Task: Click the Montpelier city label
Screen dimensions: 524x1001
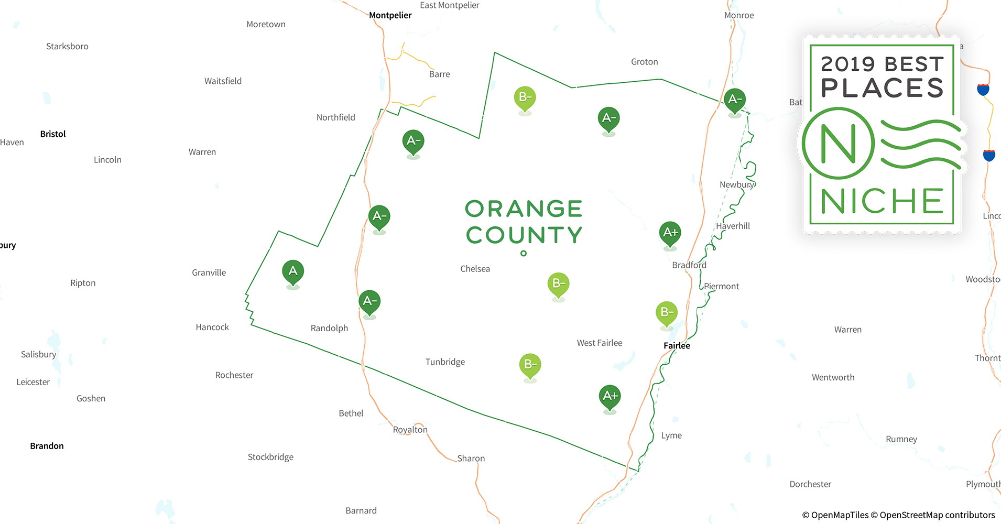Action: (390, 15)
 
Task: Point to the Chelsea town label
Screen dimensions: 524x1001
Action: (475, 269)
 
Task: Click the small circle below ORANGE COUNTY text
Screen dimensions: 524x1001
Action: (523, 254)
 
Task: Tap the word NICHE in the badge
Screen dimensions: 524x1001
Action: (882, 201)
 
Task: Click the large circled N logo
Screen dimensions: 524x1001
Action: (838, 144)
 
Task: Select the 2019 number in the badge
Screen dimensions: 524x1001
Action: (848, 64)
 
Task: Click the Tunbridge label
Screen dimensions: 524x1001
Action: (445, 362)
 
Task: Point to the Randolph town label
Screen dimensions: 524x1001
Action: (329, 328)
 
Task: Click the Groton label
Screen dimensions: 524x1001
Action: (644, 62)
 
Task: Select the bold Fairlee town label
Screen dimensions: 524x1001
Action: (677, 346)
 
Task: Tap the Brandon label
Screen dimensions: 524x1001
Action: (47, 446)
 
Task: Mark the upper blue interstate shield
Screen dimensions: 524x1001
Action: (983, 90)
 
